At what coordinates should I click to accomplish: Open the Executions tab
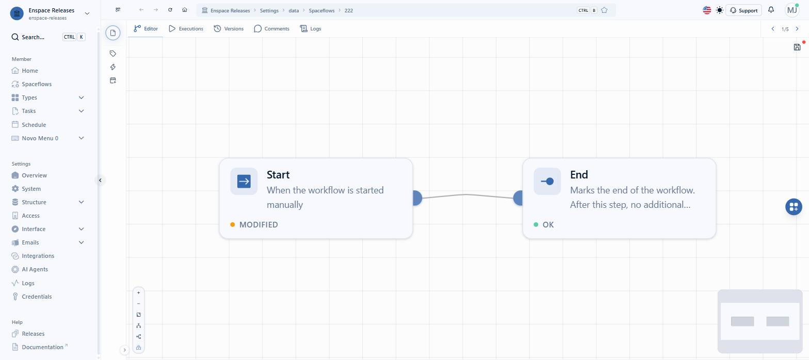click(x=186, y=28)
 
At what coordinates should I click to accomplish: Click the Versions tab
click(x=229, y=28)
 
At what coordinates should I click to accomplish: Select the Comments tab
click(x=271, y=28)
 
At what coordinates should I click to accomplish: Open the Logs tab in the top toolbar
click(x=311, y=28)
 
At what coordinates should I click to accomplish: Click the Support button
click(x=743, y=10)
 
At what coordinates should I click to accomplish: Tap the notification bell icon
click(x=771, y=10)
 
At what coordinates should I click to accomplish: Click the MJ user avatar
click(x=792, y=10)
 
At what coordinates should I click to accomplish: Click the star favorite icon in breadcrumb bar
click(x=604, y=10)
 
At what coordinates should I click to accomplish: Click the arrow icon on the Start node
click(x=244, y=181)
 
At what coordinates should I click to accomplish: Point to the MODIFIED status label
click(x=258, y=224)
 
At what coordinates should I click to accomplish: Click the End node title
click(x=579, y=175)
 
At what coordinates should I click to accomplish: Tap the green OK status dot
click(x=536, y=224)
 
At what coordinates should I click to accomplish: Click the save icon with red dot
click(x=797, y=47)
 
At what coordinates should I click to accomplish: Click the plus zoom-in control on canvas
click(x=139, y=293)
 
